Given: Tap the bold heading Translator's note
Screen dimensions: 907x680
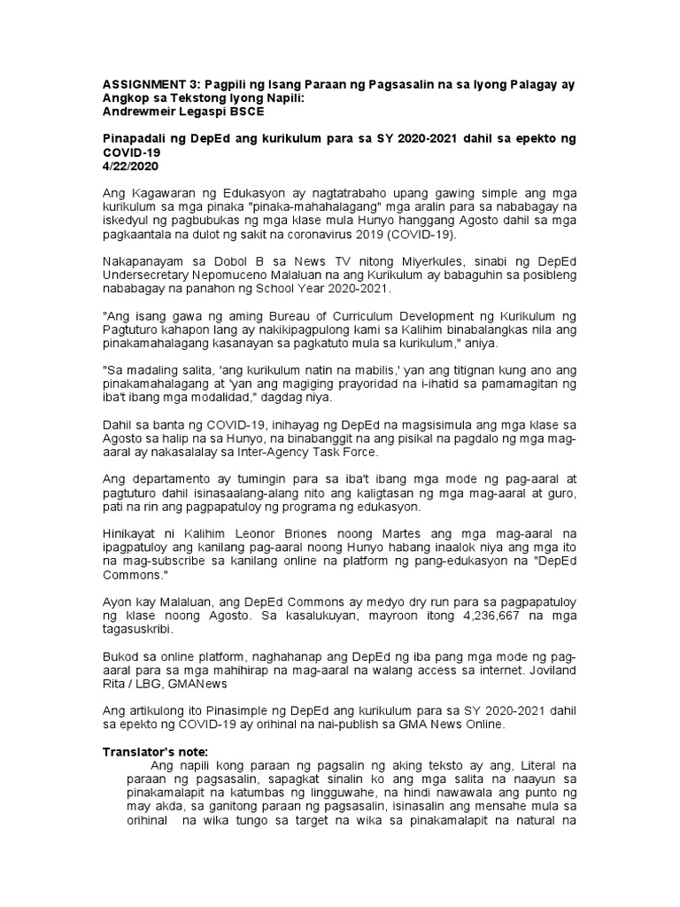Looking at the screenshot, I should pyautogui.click(x=155, y=752).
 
